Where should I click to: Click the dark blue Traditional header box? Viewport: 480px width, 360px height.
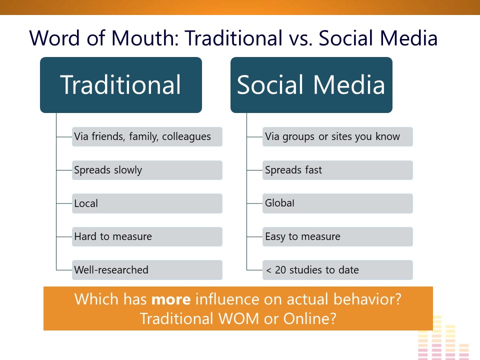click(121, 85)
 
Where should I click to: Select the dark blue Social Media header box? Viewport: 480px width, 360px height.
click(311, 85)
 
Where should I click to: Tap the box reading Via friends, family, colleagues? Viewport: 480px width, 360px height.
click(147, 136)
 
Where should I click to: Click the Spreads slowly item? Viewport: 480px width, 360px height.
click(147, 170)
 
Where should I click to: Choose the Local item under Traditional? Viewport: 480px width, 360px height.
click(147, 203)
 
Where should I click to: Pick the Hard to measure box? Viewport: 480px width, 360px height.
click(147, 236)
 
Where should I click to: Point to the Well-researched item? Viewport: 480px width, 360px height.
click(147, 269)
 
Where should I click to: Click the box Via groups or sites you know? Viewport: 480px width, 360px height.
click(337, 136)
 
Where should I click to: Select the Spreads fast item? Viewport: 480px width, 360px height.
click(337, 170)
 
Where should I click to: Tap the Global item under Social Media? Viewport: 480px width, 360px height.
click(337, 203)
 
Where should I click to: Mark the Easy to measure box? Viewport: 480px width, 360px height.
click(337, 236)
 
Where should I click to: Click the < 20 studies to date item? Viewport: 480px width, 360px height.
click(337, 269)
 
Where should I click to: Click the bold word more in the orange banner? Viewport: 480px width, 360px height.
click(171, 299)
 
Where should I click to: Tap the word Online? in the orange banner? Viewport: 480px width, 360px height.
click(310, 318)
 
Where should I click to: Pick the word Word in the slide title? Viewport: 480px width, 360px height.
click(54, 38)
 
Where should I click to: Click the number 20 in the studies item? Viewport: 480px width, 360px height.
click(280, 270)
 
